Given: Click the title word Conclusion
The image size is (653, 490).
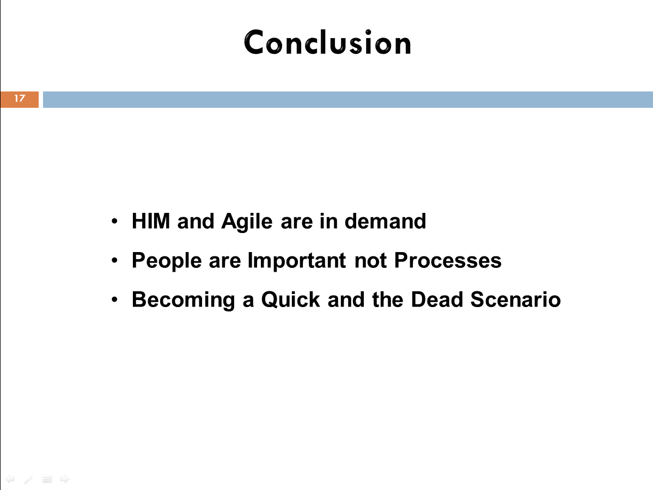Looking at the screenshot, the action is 327,42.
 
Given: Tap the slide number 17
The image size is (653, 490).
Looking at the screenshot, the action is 20,98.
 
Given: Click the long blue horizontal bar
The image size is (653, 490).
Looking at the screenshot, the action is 347,100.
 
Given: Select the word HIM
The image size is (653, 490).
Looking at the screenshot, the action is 151,221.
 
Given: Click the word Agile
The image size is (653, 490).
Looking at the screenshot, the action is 247,221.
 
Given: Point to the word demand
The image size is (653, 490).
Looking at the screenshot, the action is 385,221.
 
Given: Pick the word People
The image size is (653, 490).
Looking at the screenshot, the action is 167,261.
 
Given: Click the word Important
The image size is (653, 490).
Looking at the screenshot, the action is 296,261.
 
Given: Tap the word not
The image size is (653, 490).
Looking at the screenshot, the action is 370,261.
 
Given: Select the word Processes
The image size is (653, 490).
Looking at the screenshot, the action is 448,261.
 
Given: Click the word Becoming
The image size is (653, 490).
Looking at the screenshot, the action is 184,300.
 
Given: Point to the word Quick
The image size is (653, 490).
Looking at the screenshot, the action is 291,300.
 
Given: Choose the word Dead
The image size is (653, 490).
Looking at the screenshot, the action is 437,300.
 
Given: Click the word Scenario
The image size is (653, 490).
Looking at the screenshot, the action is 516,300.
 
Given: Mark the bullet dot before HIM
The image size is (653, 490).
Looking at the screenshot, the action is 114,221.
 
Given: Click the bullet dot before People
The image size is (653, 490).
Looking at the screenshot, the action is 114,261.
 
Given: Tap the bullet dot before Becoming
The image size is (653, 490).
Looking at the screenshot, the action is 114,300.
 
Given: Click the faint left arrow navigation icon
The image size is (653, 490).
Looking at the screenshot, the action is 10,479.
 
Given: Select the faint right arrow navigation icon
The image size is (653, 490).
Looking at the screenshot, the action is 65,479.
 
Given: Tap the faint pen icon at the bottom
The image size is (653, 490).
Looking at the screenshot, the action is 28,480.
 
